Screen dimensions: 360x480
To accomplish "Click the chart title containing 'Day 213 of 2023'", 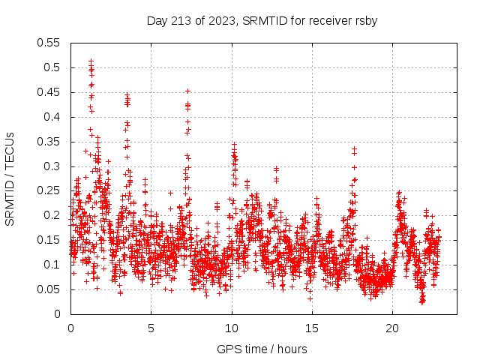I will [261, 20].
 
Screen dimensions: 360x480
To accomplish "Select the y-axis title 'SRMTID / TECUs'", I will [10, 178].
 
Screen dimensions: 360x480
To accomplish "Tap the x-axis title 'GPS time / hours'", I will [261, 349].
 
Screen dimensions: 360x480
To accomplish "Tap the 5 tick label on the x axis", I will [151, 328].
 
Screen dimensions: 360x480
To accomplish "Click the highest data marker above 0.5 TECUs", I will [91, 61].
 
